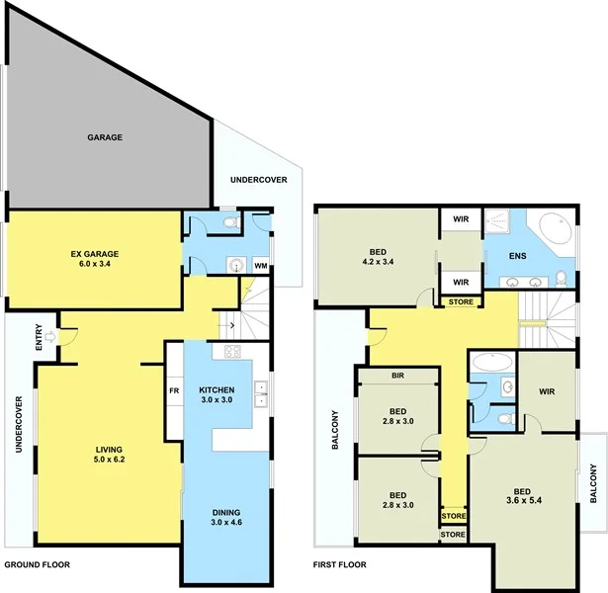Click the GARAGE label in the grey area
tap(104, 137)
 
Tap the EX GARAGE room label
tap(94, 261)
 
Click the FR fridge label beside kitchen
tap(174, 390)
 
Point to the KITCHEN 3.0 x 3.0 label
tap(217, 394)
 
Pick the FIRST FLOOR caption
tap(341, 565)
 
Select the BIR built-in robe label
tap(397, 377)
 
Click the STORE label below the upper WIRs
tap(461, 301)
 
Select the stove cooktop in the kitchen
tap(234, 352)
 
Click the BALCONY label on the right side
tap(593, 484)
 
